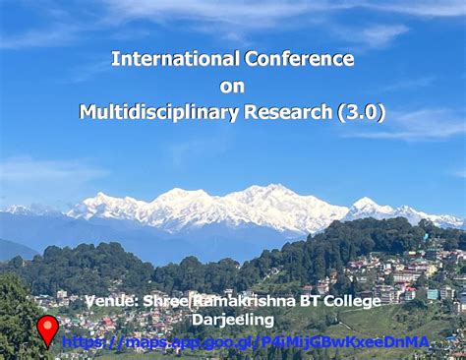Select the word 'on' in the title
point(232,87)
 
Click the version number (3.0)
point(361,113)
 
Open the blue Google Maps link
point(246,342)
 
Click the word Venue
point(112,301)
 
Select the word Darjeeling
point(233,321)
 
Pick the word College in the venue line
point(351,301)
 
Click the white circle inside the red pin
point(47,326)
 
